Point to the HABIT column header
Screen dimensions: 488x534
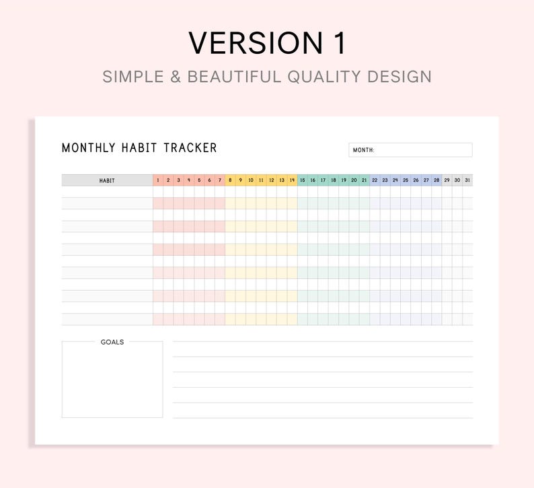107,180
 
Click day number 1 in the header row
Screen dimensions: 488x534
158,180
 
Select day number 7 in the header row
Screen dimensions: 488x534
220,180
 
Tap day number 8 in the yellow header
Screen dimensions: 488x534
230,180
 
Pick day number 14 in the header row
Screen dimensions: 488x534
292,180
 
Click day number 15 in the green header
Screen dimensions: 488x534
303,180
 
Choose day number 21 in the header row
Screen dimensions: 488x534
364,180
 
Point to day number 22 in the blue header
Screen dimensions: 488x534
375,180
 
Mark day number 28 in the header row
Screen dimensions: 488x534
436,180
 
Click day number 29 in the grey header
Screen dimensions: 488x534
447,180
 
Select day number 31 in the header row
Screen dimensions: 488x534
467,180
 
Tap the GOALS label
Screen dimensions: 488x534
112,342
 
